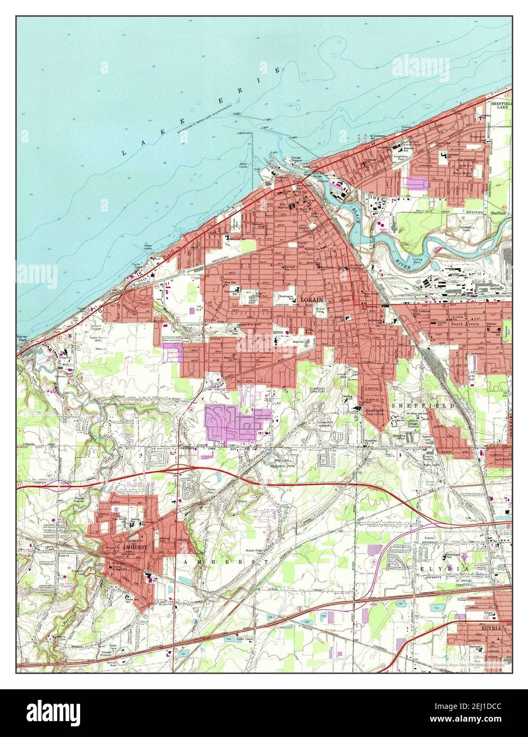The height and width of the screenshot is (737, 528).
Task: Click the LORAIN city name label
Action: click(311, 300)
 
